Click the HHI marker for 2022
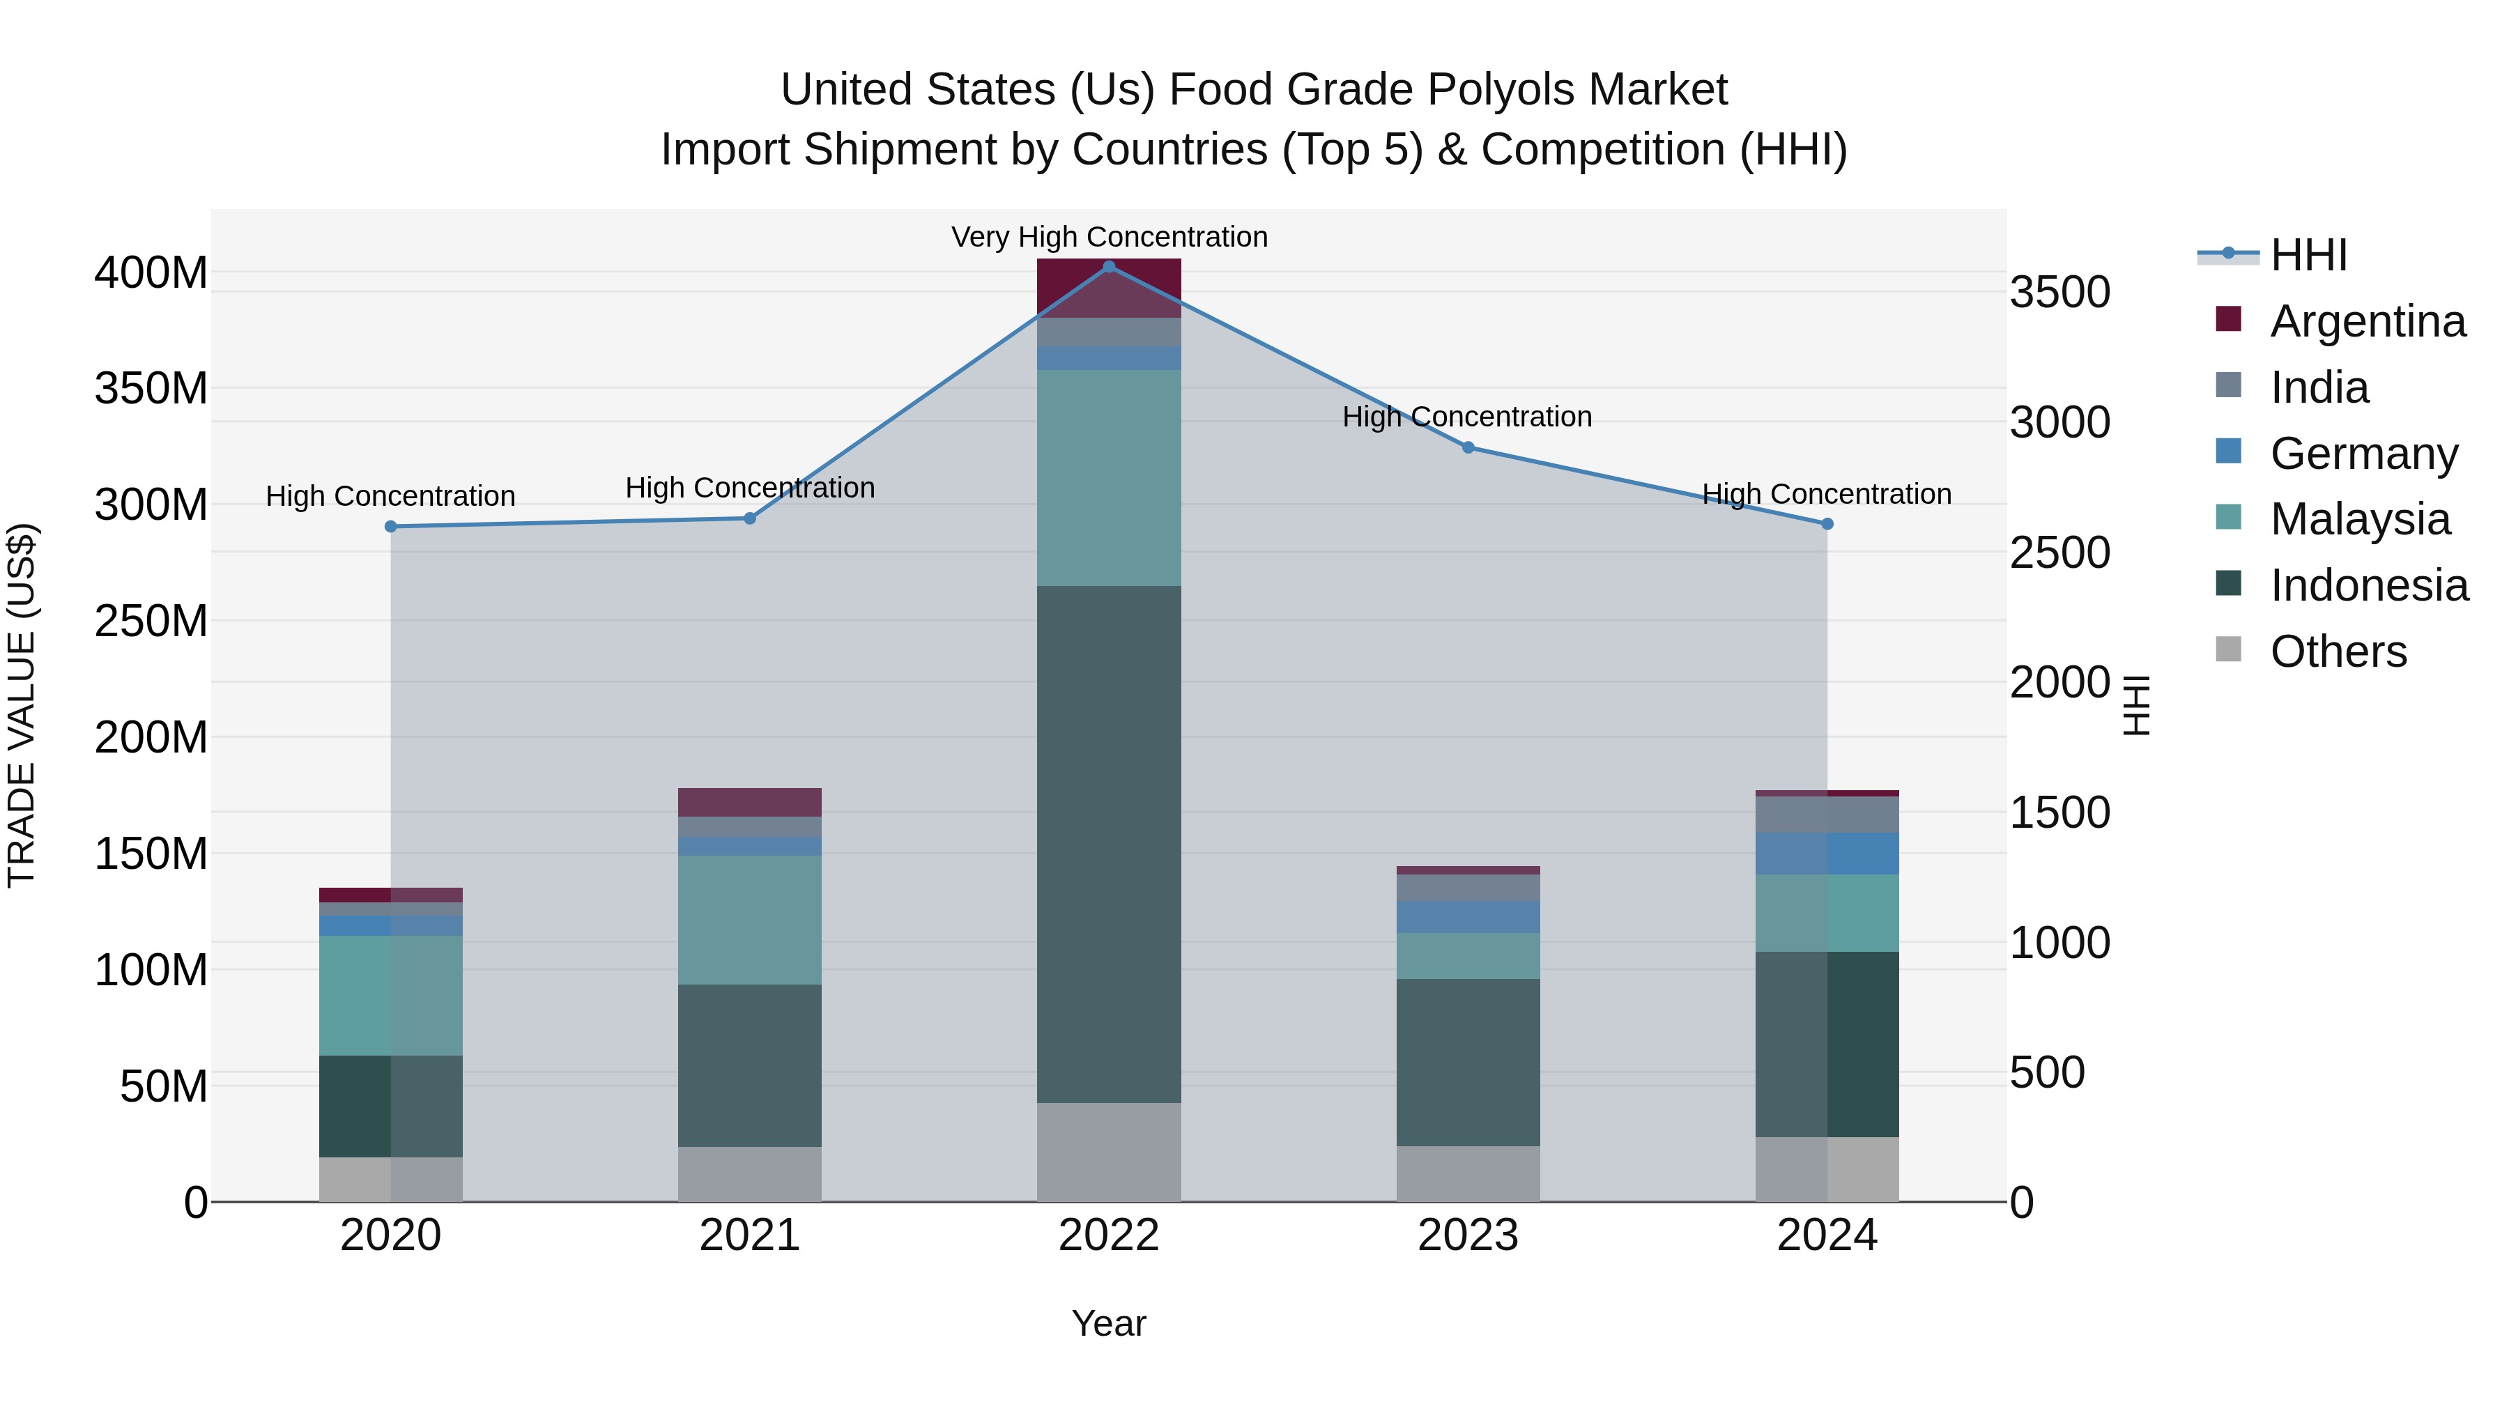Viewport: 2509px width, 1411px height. (x=1108, y=266)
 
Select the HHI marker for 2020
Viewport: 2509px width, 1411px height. (x=390, y=527)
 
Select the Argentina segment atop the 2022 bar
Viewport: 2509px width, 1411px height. (x=1108, y=287)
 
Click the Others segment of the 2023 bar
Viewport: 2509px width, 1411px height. (x=1468, y=1173)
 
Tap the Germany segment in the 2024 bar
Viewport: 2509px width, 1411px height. (x=1826, y=853)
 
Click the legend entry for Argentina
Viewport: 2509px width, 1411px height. (x=2367, y=321)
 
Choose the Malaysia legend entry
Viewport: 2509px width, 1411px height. (x=2359, y=519)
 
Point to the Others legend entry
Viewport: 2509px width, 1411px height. (x=2338, y=651)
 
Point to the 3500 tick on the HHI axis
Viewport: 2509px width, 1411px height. (x=2060, y=292)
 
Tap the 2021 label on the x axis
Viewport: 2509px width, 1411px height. (x=749, y=1235)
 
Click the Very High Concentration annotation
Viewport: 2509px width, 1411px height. (x=1108, y=237)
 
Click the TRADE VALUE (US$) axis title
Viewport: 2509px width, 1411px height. (x=22, y=705)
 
